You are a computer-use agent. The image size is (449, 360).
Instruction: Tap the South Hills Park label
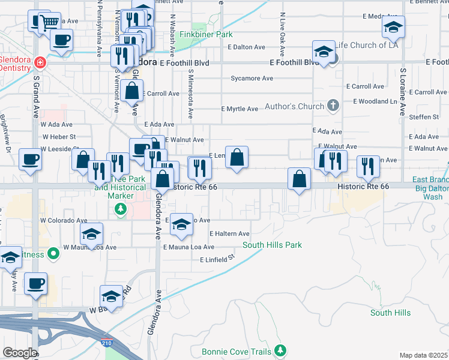272,245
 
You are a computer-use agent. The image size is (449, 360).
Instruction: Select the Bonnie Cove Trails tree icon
279,349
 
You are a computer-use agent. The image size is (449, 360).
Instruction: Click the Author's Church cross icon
334,106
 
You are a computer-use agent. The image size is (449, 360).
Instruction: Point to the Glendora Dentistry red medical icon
40,62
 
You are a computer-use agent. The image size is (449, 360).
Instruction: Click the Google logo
19,353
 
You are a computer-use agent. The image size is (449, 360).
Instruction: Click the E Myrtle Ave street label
240,109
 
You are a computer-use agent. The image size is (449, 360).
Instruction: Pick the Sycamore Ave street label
252,79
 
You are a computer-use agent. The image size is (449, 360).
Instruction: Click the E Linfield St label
216,259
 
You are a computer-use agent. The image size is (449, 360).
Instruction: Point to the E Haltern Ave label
229,233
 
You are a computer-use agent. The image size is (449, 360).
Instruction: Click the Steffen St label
424,117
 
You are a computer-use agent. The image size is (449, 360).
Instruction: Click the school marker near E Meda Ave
393,27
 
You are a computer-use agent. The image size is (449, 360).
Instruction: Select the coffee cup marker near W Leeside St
29,160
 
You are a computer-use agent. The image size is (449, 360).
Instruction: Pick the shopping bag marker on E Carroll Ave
131,92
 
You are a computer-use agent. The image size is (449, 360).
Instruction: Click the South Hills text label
390,313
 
